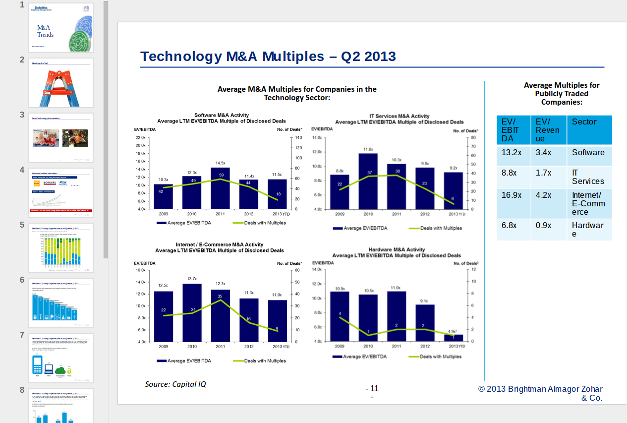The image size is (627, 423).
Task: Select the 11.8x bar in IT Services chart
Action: click(x=368, y=181)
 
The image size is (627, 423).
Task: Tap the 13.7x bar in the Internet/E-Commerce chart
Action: click(x=192, y=312)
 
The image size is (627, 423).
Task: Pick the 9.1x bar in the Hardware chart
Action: click(x=425, y=322)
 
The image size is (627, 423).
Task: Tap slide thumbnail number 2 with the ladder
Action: click(x=61, y=82)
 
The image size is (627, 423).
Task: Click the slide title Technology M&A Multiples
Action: click(x=268, y=57)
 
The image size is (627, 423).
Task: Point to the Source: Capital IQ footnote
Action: click(x=175, y=384)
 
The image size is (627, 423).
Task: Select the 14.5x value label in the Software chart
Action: click(x=221, y=163)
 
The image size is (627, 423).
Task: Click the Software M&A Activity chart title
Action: click(x=222, y=116)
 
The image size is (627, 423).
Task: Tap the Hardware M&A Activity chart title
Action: click(x=397, y=250)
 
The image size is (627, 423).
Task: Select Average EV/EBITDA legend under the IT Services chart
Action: click(x=360, y=229)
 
